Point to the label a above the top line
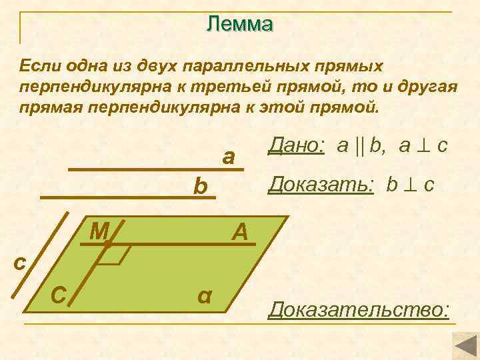[229, 157]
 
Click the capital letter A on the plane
[240, 232]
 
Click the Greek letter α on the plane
[205, 295]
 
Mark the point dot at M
[107, 245]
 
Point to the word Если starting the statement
[39, 67]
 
